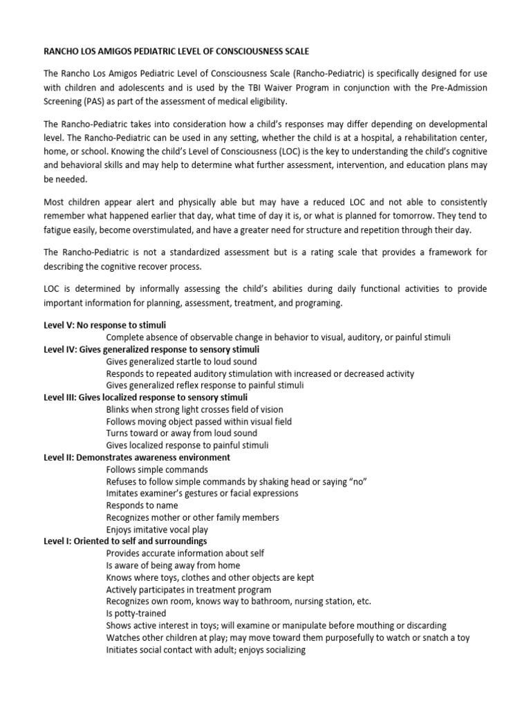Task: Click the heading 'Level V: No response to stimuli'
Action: pos(104,325)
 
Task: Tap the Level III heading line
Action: pos(145,398)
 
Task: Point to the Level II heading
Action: pos(137,458)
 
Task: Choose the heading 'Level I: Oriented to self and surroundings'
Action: pos(125,541)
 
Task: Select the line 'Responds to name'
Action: pos(142,505)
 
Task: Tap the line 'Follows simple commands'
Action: pos(157,469)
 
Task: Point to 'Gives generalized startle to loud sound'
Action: pos(181,362)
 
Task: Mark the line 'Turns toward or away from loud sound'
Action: pos(181,434)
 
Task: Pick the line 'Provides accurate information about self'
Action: pos(185,553)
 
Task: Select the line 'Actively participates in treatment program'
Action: pos(188,590)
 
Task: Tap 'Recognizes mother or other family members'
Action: pos(192,517)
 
